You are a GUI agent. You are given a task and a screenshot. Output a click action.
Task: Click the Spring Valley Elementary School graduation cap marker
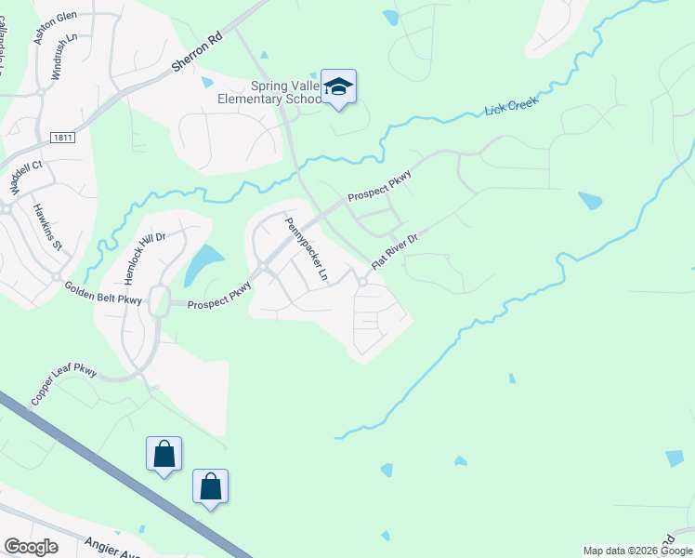click(x=340, y=87)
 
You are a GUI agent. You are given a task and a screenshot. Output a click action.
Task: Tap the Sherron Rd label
click(x=198, y=54)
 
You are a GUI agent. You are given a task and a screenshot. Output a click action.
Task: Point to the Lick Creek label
click(x=511, y=108)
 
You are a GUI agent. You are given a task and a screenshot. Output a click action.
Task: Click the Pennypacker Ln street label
click(x=307, y=249)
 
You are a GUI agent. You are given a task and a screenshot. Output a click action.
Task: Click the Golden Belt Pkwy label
click(x=103, y=294)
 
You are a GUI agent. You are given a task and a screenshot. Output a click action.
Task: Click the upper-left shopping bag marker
click(x=164, y=455)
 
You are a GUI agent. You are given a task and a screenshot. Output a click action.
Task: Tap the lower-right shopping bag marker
click(x=210, y=486)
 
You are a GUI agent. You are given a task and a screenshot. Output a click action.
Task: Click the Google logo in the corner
click(x=31, y=547)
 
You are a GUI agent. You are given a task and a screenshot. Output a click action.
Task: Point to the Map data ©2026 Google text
click(x=637, y=551)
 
